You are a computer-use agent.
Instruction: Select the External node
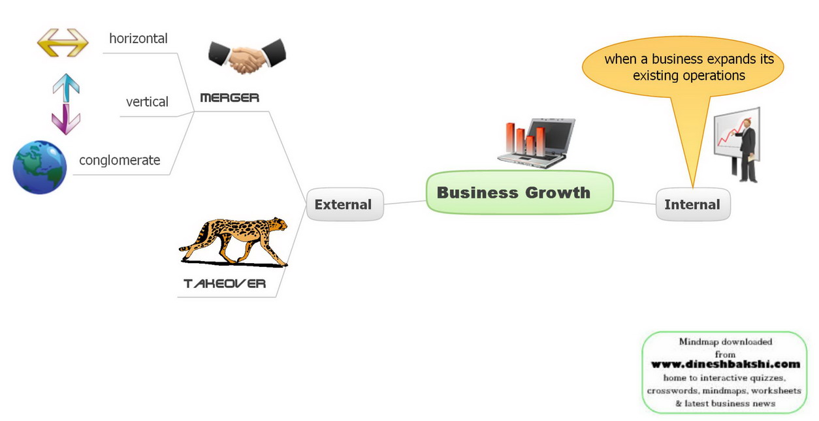pyautogui.click(x=343, y=204)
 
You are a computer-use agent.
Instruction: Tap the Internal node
pyautogui.click(x=692, y=204)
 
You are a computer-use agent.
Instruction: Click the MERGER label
pyautogui.click(x=229, y=98)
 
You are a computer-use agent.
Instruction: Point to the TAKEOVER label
pyautogui.click(x=225, y=283)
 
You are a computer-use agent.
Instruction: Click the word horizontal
pyautogui.click(x=138, y=39)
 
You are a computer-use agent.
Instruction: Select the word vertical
pyautogui.click(x=147, y=102)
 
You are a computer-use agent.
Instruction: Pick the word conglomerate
pyautogui.click(x=120, y=160)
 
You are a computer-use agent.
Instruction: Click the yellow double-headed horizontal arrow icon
pyautogui.click(x=63, y=42)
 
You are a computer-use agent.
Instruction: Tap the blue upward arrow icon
pyautogui.click(x=66, y=86)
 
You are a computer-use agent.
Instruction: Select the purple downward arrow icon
pyautogui.click(x=66, y=119)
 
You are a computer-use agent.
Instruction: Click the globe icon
pyautogui.click(x=40, y=166)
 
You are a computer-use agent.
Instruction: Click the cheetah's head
pyautogui.click(x=277, y=226)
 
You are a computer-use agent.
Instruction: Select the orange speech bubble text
pyautogui.click(x=688, y=67)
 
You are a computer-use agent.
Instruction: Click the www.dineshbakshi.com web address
pyautogui.click(x=725, y=364)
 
